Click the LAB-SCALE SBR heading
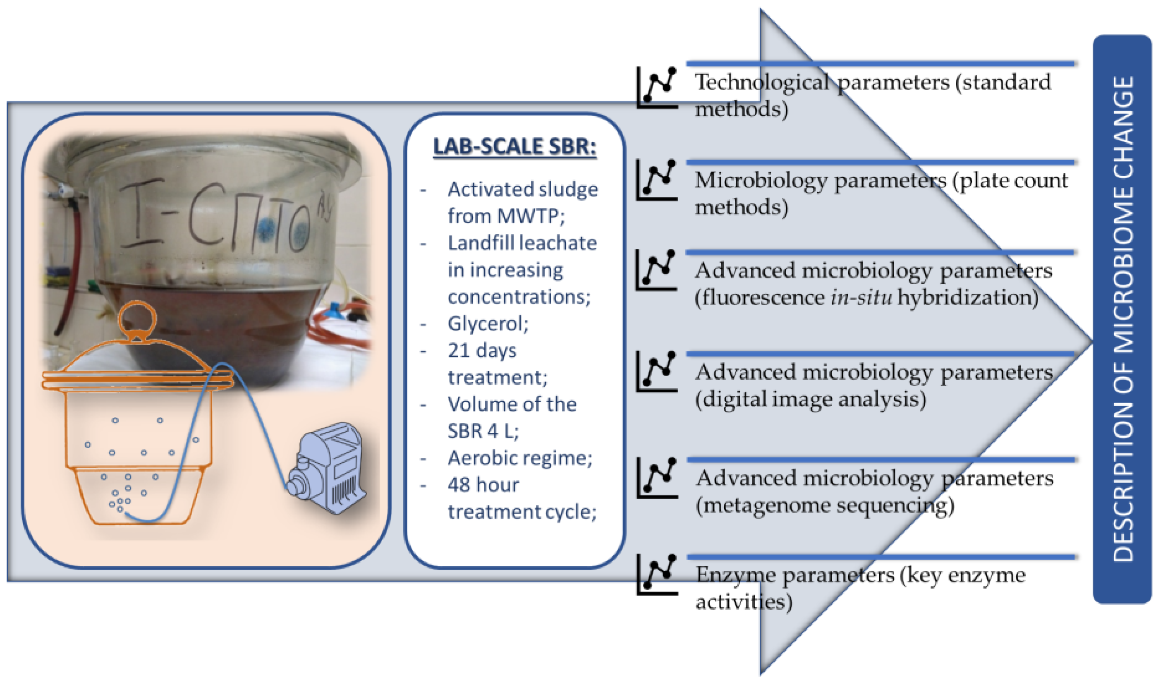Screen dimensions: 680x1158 (x=514, y=146)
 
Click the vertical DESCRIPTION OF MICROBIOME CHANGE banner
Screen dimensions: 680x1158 (x=1122, y=319)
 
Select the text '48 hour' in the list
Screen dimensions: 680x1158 (x=483, y=485)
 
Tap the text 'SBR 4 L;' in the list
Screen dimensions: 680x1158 (x=483, y=431)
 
